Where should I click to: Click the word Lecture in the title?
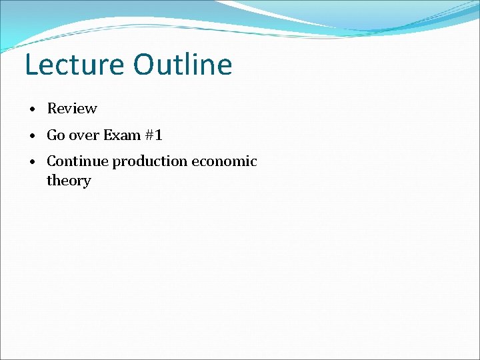tap(74, 65)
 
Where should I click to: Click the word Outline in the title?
tap(182, 65)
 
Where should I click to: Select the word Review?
tap(72, 109)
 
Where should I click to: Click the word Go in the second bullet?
tap(55, 135)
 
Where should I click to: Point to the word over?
tap(83, 135)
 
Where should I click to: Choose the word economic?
tap(224, 161)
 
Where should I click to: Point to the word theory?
tap(68, 181)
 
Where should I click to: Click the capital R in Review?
tap(51, 109)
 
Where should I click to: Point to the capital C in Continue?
tap(51, 161)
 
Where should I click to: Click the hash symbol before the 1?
tap(149, 135)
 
